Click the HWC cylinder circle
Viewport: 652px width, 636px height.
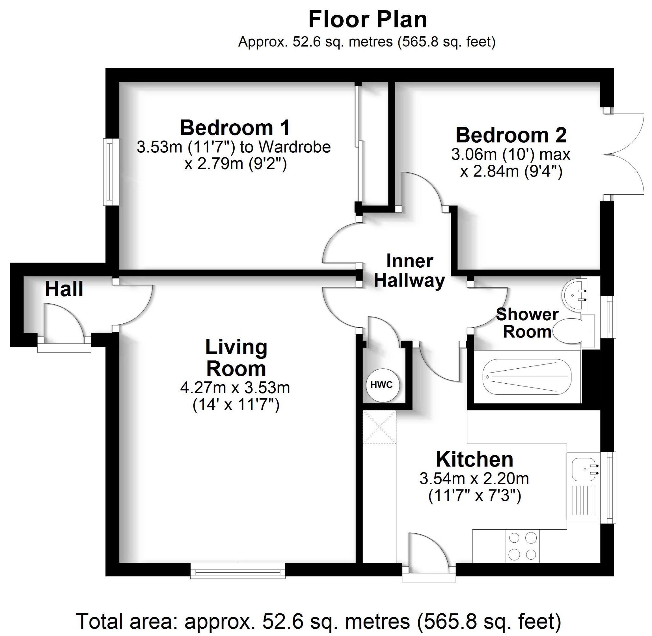point(381,385)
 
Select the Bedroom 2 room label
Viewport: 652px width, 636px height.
point(511,135)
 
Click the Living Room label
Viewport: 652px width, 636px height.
point(236,358)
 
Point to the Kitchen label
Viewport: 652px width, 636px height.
point(474,459)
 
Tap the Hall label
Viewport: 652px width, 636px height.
point(64,289)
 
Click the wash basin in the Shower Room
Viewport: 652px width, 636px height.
point(575,295)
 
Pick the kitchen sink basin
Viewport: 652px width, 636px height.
point(584,469)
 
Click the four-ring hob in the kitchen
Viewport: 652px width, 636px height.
point(522,546)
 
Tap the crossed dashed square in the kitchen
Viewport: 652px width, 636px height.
point(379,427)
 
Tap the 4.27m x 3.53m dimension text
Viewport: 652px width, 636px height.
point(235,388)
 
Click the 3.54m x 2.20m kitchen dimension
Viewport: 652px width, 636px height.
point(474,479)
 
